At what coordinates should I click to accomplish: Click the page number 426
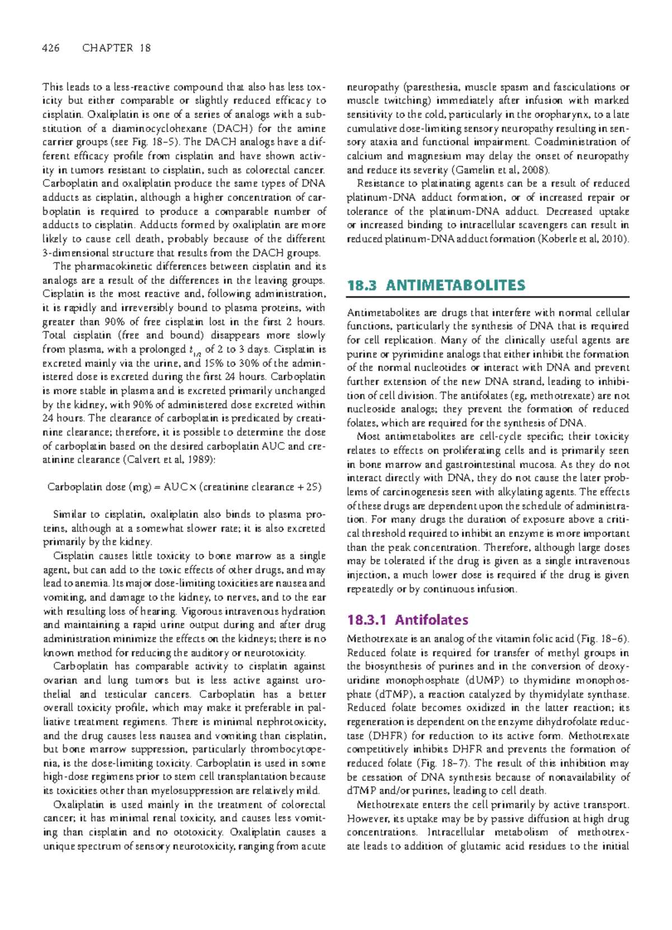point(50,48)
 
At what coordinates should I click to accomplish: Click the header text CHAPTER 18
point(116,48)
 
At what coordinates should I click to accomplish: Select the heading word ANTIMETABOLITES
point(455,286)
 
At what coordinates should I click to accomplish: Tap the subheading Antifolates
point(431,620)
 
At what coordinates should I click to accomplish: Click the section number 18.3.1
point(367,620)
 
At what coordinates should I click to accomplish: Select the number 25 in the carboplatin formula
point(312,487)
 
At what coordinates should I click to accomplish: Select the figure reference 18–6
point(613,639)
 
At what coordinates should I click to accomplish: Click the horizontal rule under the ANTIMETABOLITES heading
point(488,297)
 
